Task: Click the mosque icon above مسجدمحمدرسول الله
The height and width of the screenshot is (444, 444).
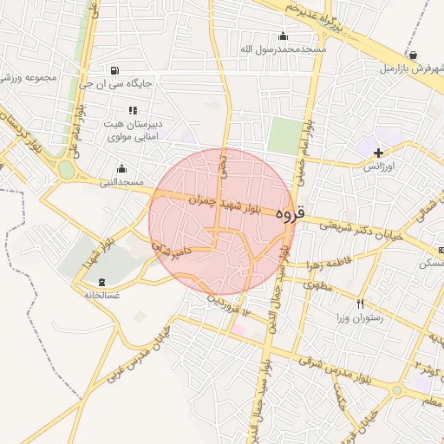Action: coord(283,36)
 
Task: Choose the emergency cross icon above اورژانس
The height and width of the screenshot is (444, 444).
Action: coord(378,152)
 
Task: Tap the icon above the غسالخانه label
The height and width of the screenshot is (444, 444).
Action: coord(102,281)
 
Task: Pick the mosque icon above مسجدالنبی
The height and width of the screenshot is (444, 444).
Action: coord(121,168)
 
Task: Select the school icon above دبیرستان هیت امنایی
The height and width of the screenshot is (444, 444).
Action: coord(132,110)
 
